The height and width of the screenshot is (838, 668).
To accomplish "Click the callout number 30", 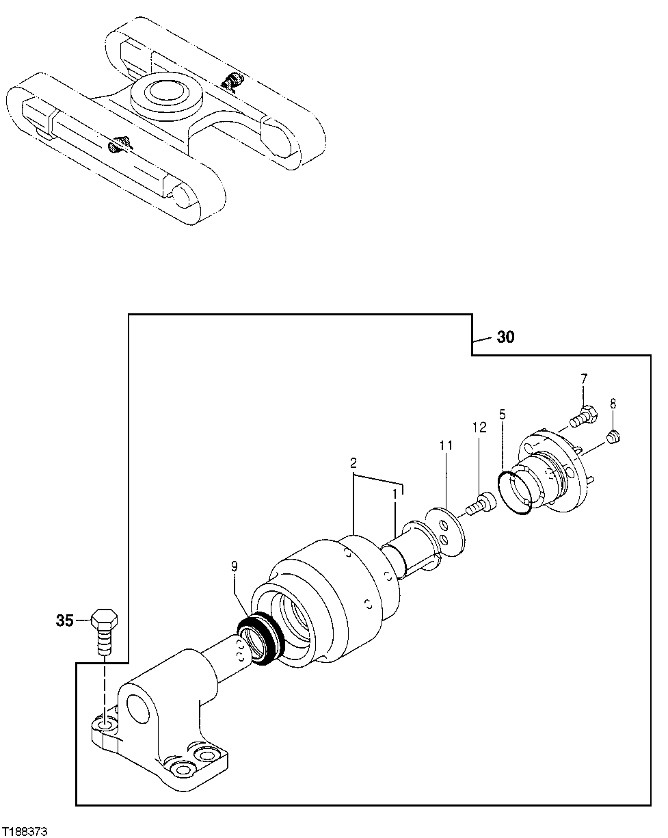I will coord(505,338).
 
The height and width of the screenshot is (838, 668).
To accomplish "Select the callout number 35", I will coord(64,621).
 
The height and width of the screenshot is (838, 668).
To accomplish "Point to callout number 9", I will coord(234,566).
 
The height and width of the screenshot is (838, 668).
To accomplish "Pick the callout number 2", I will coord(353,463).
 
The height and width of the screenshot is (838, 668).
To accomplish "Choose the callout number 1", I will coord(395,492).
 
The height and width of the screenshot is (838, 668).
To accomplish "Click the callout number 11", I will coord(446,445).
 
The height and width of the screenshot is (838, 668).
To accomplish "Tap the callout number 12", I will coord(479,427).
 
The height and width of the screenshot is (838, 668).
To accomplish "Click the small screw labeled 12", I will coord(478,506).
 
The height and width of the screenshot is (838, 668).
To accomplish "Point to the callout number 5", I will coord(503,414).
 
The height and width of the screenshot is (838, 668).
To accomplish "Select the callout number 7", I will coord(584,378).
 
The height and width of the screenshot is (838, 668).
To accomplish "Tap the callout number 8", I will coord(613,402).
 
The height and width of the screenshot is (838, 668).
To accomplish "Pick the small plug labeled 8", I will coord(613,436).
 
